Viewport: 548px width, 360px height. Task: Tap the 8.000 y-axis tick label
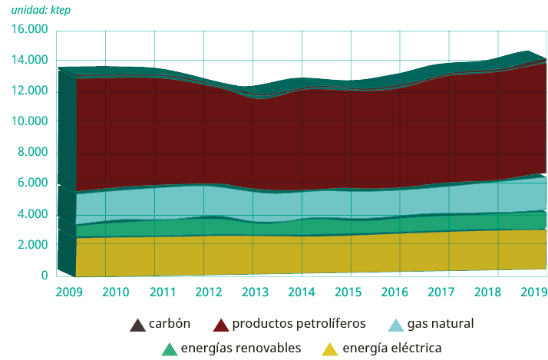pos(32,153)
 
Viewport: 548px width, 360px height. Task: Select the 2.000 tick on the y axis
pos(32,245)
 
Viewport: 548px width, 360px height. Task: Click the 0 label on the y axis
pos(44,276)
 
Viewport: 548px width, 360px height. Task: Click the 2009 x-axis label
pos(69,292)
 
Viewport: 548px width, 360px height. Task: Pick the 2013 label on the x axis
pos(256,292)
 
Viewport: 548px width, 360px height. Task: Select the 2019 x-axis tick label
pos(534,292)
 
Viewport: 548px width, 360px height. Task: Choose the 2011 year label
pos(163,292)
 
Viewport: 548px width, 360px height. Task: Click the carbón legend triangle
pos(137,324)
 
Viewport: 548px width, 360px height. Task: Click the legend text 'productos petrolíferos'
pos(299,323)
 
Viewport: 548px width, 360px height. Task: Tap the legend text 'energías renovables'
pos(240,348)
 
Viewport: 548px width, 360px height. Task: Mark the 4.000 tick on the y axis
pos(32,214)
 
